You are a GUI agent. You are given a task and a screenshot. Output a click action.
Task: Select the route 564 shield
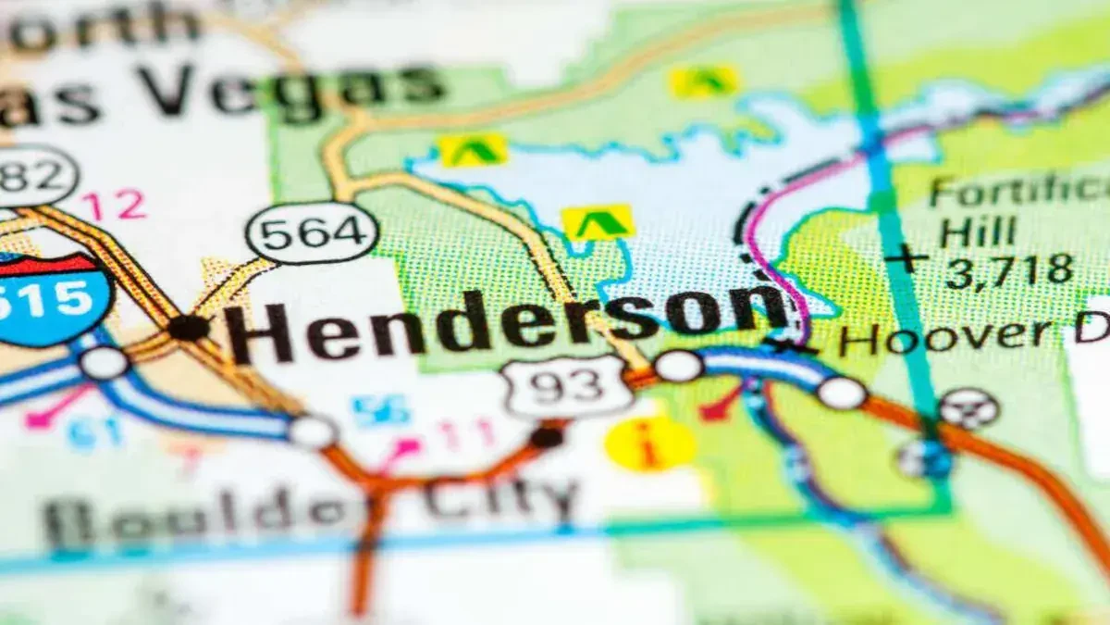(312, 232)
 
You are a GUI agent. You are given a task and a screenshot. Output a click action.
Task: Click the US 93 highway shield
(566, 385)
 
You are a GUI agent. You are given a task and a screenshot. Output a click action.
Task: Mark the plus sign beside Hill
(906, 259)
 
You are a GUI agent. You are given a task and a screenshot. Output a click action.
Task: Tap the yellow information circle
(650, 444)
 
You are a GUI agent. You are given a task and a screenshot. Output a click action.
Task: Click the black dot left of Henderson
(189, 327)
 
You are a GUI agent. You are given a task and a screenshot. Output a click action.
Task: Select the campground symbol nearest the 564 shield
(473, 149)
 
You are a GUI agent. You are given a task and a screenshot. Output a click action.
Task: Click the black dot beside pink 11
(548, 436)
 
